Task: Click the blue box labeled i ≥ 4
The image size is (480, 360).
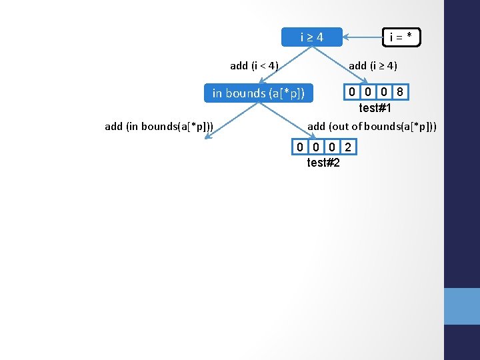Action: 311,37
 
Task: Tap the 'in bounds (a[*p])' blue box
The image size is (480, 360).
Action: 258,93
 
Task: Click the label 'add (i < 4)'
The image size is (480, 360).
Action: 254,65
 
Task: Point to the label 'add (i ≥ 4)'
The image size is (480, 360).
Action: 373,65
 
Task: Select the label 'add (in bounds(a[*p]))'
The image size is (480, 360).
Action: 159,125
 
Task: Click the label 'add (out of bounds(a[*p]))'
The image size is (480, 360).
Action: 372,125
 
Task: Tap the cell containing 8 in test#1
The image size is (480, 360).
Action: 399,92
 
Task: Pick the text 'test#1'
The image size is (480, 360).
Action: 375,108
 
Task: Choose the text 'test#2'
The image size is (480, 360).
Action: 323,162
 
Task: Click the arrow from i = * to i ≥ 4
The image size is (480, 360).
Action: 362,37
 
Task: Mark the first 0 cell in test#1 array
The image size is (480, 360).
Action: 351,92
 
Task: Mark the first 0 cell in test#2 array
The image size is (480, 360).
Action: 301,147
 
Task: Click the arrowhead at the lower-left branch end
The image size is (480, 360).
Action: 208,137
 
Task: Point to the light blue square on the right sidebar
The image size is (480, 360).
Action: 461,306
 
